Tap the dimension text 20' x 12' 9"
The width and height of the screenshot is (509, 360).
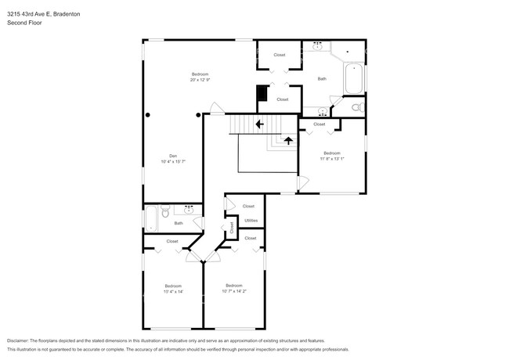pyautogui.click(x=200, y=80)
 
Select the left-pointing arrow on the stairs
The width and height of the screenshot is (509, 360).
pyautogui.click(x=259, y=124)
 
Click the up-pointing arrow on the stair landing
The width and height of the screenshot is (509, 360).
pyautogui.click(x=288, y=141)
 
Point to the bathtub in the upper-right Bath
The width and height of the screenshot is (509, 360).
pyautogui.click(x=353, y=79)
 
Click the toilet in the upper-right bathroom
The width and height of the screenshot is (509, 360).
pyautogui.click(x=356, y=107)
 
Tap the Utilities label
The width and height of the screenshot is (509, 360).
pyautogui.click(x=251, y=221)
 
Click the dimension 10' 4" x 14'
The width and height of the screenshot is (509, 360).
pyautogui.click(x=173, y=292)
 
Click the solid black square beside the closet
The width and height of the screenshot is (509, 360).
pyautogui.click(x=262, y=93)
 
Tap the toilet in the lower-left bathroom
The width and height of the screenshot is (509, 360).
pyautogui.click(x=165, y=211)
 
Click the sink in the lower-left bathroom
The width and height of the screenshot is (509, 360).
pyautogui.click(x=190, y=208)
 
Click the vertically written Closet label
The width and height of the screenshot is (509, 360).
pyautogui.click(x=232, y=228)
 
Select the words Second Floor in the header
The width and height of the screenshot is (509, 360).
pyautogui.click(x=24, y=23)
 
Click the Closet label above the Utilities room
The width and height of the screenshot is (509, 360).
pyautogui.click(x=248, y=206)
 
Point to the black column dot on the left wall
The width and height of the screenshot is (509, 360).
pyautogui.click(x=148, y=115)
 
